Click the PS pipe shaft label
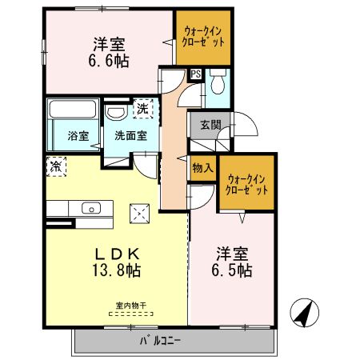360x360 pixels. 196,74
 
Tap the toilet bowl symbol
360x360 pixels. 218,82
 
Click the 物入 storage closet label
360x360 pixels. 203,168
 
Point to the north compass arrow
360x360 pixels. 305,313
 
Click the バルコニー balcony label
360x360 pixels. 161,341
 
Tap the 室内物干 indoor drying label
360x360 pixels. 131,306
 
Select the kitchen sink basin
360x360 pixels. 91,208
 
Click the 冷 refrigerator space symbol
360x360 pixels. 56,166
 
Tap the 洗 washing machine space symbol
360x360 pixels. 143,109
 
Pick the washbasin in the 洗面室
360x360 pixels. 116,112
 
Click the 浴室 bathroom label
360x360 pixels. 78,136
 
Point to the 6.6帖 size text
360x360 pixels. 109,62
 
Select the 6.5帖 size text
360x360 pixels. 232,270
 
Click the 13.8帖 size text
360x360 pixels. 117,270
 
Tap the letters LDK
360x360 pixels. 118,254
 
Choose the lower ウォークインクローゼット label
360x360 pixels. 247,185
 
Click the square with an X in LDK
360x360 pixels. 140,214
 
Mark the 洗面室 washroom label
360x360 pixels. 130,136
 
